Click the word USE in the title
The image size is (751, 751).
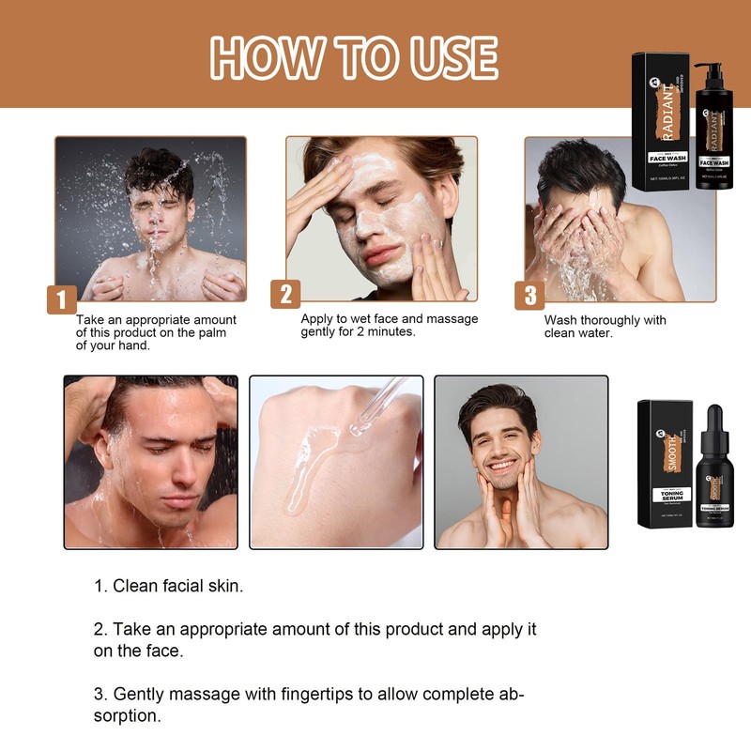(x=449, y=58)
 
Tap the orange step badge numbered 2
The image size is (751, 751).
(x=285, y=294)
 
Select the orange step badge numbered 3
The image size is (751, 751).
(x=529, y=295)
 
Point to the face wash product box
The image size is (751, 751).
(x=661, y=122)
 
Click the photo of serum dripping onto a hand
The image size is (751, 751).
(x=335, y=462)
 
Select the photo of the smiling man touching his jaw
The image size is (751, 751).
(x=520, y=462)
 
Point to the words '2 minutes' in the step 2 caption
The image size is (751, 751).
(x=386, y=332)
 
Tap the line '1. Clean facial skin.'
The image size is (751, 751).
(x=169, y=586)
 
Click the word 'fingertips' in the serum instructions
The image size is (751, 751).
(x=314, y=695)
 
